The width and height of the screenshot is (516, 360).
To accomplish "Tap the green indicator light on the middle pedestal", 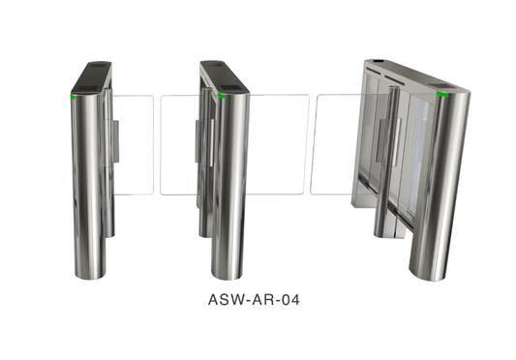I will (223, 96).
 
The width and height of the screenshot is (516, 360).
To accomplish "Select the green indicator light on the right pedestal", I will (442, 96).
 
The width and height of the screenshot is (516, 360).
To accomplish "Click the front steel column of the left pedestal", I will (88, 184).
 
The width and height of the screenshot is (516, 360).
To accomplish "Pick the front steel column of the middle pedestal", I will (230, 184).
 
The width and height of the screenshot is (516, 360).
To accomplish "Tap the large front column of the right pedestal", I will (437, 184).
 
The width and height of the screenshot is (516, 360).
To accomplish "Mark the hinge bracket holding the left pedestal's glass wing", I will (114, 140).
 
